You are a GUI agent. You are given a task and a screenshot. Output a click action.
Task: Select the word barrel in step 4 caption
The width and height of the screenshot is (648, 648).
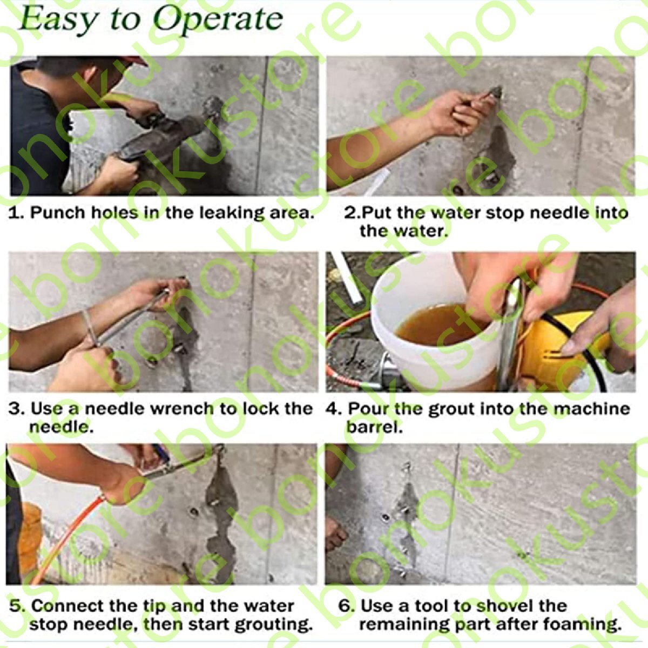(374, 428)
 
